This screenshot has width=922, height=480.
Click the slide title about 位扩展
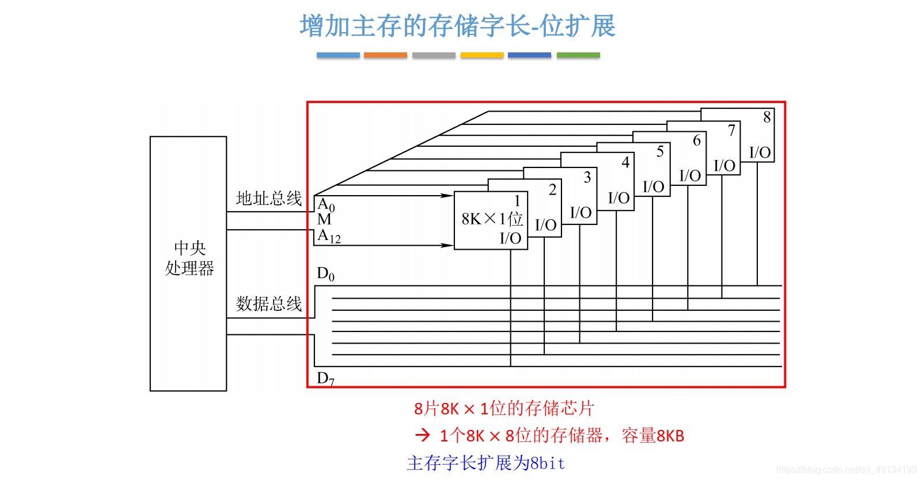(x=458, y=26)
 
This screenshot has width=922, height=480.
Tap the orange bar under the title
(x=385, y=55)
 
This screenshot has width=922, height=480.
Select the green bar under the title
(x=578, y=55)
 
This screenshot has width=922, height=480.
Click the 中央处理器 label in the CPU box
(x=189, y=258)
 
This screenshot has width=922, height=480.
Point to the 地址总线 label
(x=268, y=199)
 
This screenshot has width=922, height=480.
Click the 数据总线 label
(x=268, y=303)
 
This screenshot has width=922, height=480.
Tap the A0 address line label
(x=326, y=205)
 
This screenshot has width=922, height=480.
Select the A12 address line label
(x=329, y=236)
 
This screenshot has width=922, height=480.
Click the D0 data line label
(x=325, y=274)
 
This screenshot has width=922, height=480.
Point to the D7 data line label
(x=325, y=378)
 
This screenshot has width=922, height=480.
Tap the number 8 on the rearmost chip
(x=767, y=117)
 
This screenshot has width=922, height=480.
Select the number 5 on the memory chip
(x=660, y=151)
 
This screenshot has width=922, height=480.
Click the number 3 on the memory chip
(x=587, y=177)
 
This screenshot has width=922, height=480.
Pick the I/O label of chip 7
(x=724, y=166)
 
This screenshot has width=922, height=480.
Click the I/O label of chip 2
(x=545, y=225)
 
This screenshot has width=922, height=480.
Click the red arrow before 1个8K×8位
(x=423, y=435)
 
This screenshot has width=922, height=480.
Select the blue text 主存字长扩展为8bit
(x=486, y=463)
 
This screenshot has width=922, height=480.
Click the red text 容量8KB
(x=653, y=436)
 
